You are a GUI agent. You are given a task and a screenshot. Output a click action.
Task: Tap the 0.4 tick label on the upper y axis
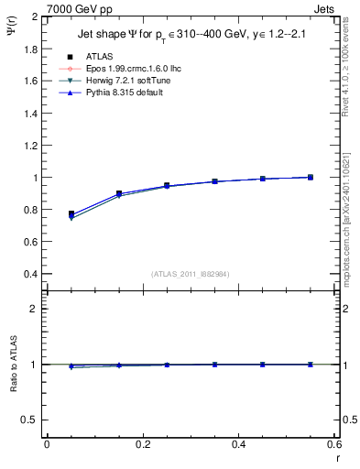(30, 274)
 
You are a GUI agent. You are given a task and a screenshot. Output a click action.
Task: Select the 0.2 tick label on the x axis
(142, 444)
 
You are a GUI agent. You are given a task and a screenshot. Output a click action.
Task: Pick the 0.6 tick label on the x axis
(334, 444)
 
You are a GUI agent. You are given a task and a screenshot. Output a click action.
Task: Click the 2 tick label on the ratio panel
(34, 309)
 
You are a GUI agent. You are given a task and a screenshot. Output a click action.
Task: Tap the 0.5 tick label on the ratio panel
(30, 420)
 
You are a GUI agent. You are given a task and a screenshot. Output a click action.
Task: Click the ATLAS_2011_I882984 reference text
(190, 274)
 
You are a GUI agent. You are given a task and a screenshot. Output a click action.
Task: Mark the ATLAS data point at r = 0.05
(71, 213)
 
